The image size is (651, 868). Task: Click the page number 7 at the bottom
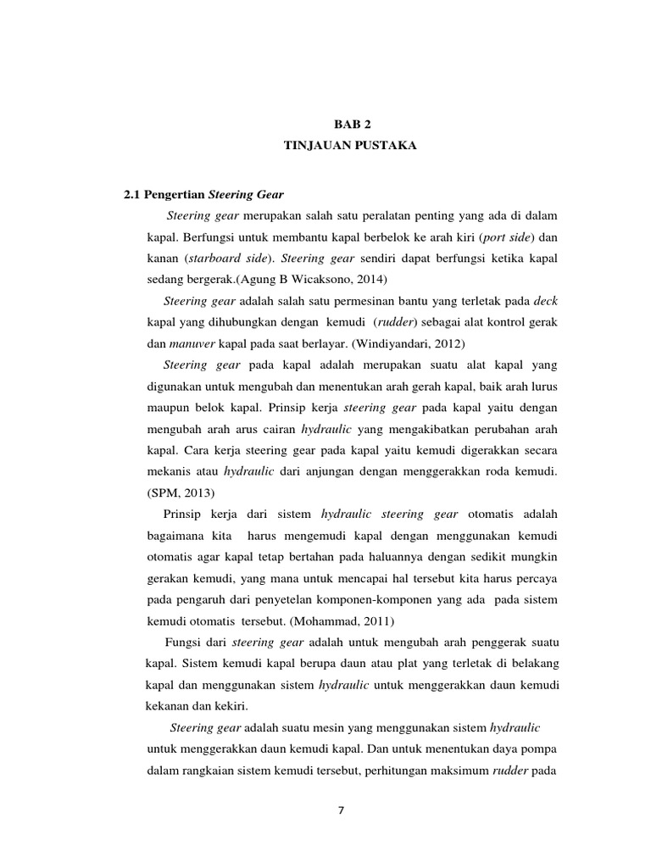(x=341, y=810)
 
